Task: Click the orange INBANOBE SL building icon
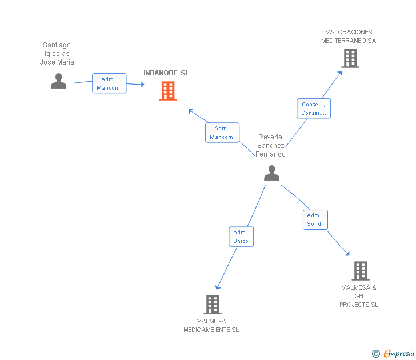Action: click(167, 91)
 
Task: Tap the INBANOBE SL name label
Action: click(166, 73)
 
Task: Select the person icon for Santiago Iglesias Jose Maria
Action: click(58, 81)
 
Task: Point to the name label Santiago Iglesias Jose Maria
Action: click(57, 54)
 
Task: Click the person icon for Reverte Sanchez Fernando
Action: click(271, 173)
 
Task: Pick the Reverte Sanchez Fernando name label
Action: click(270, 146)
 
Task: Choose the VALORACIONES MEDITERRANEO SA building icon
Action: click(350, 58)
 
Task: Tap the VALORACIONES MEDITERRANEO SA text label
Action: click(349, 37)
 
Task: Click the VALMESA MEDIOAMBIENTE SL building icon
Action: click(212, 305)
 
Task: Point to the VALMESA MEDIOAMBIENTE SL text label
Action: click(211, 326)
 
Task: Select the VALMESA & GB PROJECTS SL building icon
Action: click(360, 270)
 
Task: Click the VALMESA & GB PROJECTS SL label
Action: click(359, 296)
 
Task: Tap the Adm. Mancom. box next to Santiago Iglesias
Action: click(109, 83)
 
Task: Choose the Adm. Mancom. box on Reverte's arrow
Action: click(222, 133)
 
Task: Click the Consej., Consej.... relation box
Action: click(314, 109)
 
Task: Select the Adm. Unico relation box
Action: click(241, 237)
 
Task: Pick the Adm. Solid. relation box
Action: click(315, 219)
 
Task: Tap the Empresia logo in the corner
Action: click(394, 354)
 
